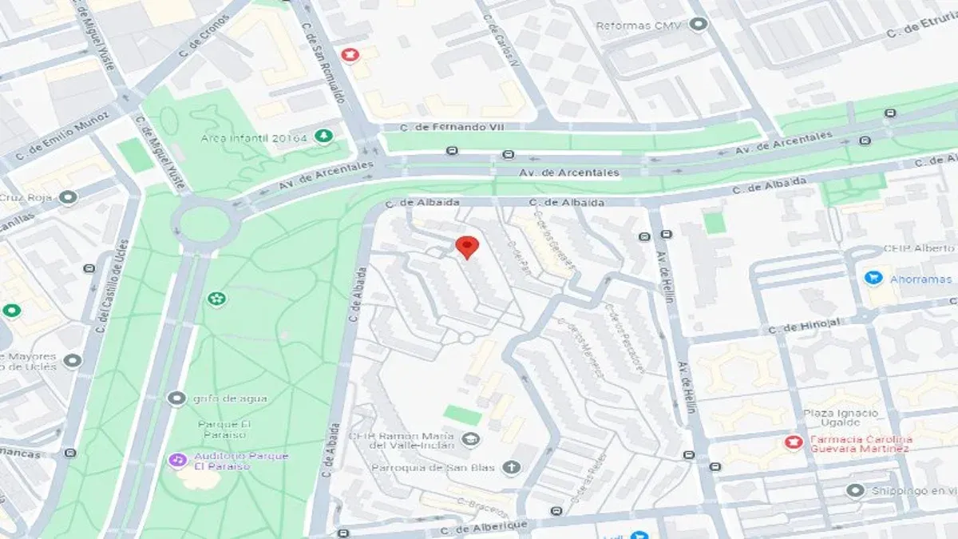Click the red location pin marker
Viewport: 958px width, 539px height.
pyautogui.click(x=467, y=247)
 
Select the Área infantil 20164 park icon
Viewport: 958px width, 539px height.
pyautogui.click(x=323, y=136)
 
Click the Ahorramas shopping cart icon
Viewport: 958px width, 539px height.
pyautogui.click(x=873, y=278)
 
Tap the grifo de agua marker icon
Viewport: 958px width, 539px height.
pyautogui.click(x=176, y=398)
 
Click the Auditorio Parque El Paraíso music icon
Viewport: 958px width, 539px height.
pyautogui.click(x=176, y=460)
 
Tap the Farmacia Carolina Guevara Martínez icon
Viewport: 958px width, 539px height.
pyautogui.click(x=793, y=442)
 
